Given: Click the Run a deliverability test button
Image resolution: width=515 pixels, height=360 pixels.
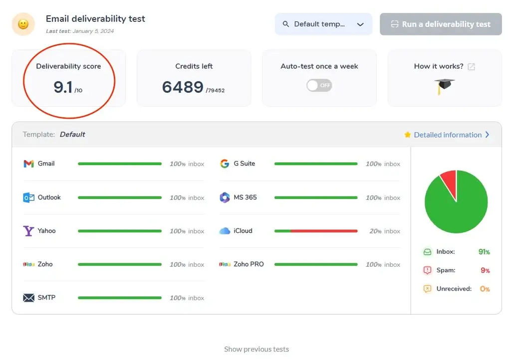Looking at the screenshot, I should coord(441,24).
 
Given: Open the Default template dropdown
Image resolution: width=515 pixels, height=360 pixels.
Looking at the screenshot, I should coord(323,24).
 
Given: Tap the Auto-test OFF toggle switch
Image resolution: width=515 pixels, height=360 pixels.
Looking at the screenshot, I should coord(319,85).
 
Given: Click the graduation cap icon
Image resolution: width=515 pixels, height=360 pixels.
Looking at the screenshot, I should coord(444,86).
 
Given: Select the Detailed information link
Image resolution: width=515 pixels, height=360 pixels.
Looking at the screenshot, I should coord(448,135).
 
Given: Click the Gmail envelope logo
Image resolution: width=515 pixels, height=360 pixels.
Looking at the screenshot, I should coord(28,164).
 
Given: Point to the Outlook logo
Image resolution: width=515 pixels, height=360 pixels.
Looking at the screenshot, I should coord(28,197).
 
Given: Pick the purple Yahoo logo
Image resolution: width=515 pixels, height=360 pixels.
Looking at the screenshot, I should coord(28,231).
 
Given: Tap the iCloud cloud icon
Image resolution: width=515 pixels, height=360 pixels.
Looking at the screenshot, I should coord(225,231).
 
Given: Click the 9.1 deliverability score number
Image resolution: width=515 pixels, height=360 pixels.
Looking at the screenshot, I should coord(63,88).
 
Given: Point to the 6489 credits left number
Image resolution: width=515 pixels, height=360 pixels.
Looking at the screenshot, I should coord(183,88).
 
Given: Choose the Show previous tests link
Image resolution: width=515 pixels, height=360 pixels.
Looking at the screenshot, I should coord(257,349).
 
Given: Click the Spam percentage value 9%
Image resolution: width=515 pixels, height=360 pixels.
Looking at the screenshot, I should coord(485,270).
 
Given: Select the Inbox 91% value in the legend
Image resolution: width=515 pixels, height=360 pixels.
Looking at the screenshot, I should coord(484,252).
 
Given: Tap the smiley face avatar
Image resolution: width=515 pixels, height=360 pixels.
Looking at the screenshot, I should coord(23,24).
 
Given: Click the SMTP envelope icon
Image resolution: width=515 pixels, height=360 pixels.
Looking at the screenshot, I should coord(28,298).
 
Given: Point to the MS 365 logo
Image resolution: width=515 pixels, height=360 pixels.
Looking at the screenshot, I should coord(225,197).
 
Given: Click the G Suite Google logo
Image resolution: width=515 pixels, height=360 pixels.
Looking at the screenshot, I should coord(225,164).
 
